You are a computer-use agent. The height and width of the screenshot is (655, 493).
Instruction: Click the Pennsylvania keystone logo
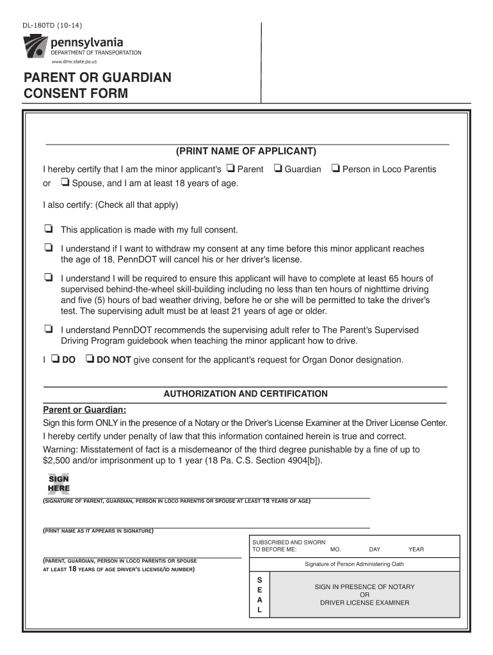click(x=35, y=49)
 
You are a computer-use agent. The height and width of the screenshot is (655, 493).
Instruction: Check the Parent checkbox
click(x=230, y=169)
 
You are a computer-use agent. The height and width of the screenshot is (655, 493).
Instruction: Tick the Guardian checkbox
click(x=277, y=169)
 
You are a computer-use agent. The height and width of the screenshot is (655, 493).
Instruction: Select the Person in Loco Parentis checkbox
click(x=335, y=169)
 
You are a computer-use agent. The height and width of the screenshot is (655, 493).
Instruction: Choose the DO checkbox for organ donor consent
click(x=55, y=359)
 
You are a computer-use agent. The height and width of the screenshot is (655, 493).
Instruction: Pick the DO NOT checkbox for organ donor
click(x=90, y=359)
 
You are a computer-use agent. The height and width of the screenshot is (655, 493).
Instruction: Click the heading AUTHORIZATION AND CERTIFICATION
click(x=245, y=394)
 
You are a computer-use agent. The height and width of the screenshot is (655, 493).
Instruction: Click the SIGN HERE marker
click(x=58, y=484)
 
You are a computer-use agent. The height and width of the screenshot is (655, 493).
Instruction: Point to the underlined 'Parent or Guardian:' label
click(x=85, y=410)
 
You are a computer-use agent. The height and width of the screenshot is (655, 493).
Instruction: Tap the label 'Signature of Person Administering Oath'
click(x=354, y=564)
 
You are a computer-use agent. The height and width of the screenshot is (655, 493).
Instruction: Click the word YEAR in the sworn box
click(x=416, y=549)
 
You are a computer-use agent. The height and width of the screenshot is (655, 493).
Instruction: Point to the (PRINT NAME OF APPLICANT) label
click(x=247, y=152)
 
